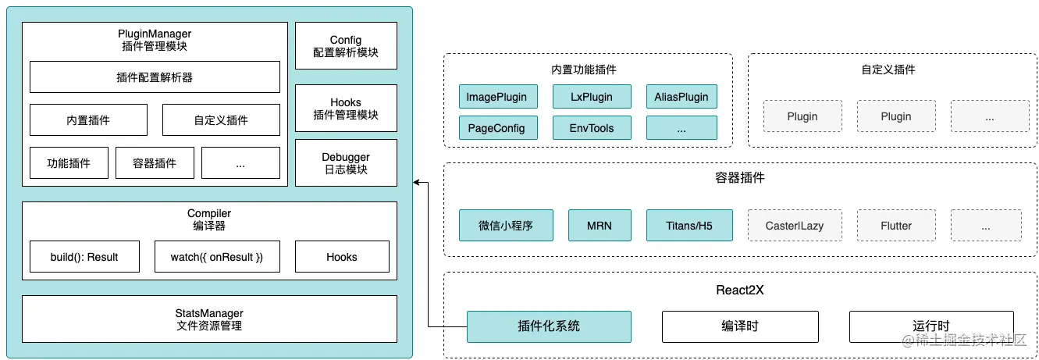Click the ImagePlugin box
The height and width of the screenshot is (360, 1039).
496,97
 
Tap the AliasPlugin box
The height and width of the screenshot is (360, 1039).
681,97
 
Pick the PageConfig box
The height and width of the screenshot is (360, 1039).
496,128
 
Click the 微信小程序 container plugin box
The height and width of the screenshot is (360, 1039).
505,225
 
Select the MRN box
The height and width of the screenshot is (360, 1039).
599,225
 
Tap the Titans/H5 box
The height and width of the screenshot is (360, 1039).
689,225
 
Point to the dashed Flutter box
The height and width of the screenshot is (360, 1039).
895,225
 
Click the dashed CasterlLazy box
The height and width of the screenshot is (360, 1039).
794,225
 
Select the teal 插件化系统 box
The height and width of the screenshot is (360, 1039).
549,326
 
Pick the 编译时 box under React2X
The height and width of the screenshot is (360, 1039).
739,326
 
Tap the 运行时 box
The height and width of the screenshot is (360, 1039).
930,326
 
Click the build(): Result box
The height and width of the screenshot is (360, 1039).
84,257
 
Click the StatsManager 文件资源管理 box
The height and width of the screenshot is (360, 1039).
209,319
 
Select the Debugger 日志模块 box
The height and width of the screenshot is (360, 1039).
346,163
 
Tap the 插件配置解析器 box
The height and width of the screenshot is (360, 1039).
155,77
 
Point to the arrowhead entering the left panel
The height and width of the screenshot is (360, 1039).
417,183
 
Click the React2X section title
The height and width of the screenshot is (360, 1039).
739,290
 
